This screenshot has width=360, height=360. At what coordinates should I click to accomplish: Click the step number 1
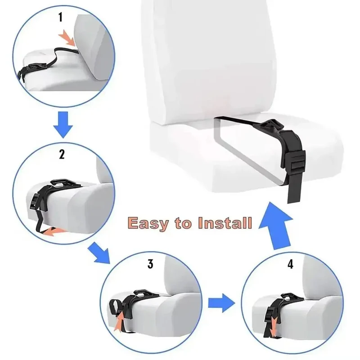click(x=60, y=17)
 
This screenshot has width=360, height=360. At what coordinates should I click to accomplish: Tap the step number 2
click(x=62, y=154)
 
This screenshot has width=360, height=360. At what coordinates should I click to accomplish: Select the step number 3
click(x=150, y=264)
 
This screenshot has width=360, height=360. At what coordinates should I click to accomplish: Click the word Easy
click(x=147, y=223)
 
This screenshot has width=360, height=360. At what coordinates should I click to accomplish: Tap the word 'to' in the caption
click(x=183, y=223)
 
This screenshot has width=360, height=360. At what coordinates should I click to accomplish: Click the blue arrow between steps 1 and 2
click(x=63, y=124)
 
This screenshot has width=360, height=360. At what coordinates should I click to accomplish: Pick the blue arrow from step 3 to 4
click(x=221, y=303)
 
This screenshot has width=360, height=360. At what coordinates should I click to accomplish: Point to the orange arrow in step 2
click(x=53, y=231)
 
